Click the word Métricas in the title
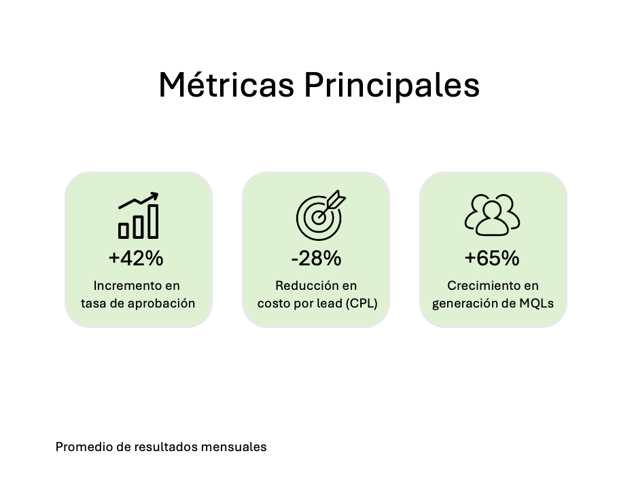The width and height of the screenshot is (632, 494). pyautogui.click(x=226, y=85)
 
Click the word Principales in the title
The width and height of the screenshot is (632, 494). pyautogui.click(x=391, y=86)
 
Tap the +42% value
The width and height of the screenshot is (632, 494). pyautogui.click(x=136, y=259)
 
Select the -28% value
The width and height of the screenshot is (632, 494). pyautogui.click(x=316, y=259)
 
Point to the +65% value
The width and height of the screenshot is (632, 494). pyautogui.click(x=492, y=259)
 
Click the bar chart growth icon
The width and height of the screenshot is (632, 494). pyautogui.click(x=138, y=216)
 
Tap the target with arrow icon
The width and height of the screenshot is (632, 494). pyautogui.click(x=321, y=216)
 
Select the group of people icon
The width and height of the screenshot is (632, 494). pyautogui.click(x=492, y=215)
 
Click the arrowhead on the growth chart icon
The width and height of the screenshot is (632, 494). pyautogui.click(x=154, y=197)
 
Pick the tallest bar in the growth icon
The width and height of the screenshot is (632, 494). pyautogui.click(x=153, y=222)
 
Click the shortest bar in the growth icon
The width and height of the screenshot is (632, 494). pyautogui.click(x=123, y=231)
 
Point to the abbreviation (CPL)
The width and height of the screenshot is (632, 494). pyautogui.click(x=362, y=303)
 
